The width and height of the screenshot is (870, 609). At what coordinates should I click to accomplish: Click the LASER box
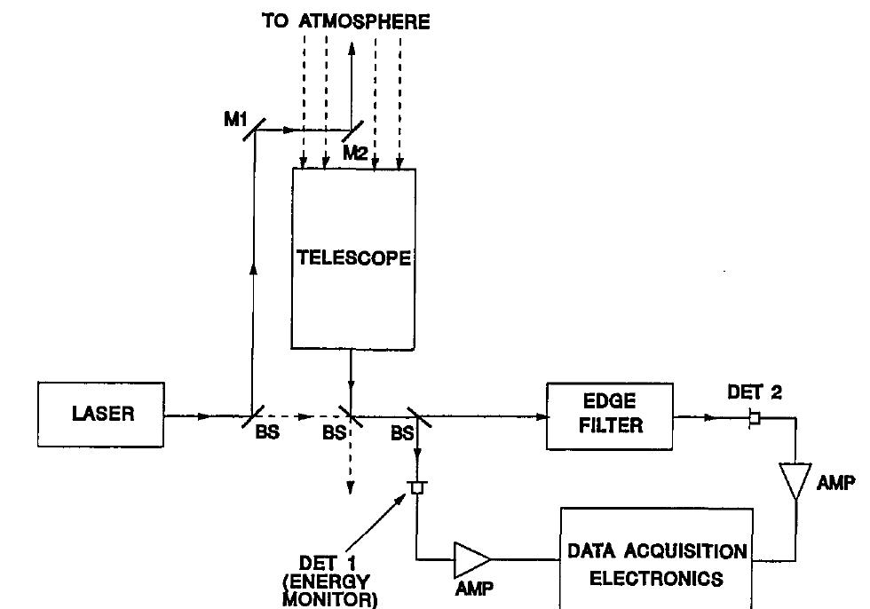100,415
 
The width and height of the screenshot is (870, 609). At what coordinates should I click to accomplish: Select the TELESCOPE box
353,258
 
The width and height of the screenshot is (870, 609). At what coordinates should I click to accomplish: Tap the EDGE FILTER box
610,415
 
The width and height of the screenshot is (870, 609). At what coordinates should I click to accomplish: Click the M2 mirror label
355,153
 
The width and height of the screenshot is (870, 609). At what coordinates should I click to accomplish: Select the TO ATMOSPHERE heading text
345,21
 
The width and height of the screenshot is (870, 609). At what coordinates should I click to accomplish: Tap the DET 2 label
755,391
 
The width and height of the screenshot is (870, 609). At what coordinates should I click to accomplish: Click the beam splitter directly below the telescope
352,415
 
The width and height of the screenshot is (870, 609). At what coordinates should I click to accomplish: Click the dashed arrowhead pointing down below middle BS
352,486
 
